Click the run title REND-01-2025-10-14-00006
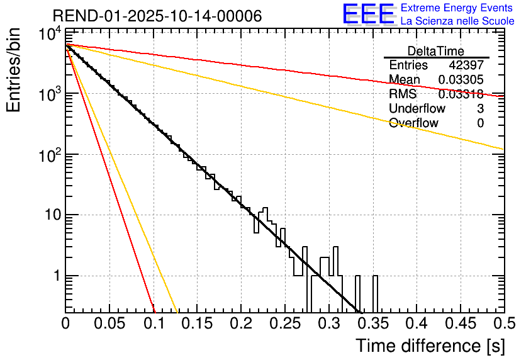click(x=157, y=15)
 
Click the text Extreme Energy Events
click(x=457, y=8)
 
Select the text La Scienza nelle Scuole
click(x=457, y=21)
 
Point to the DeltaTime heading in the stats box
click(x=436, y=51)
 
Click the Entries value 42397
click(x=466, y=65)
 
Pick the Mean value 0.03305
click(x=461, y=80)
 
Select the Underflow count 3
click(x=480, y=109)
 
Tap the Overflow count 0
click(x=480, y=123)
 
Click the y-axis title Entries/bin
click(x=14, y=70)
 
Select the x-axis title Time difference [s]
click(x=430, y=346)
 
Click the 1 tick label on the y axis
click(x=56, y=276)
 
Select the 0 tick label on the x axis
click(x=66, y=324)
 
